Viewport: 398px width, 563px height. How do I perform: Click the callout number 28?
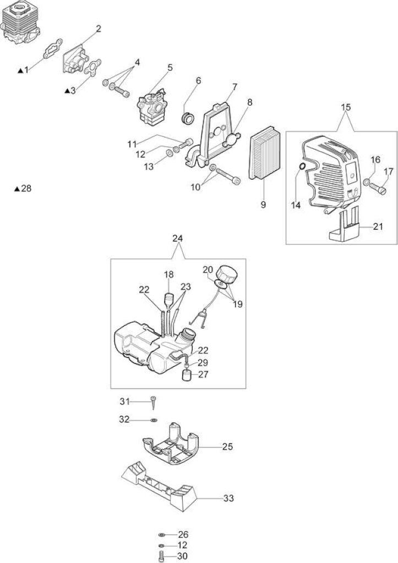26,188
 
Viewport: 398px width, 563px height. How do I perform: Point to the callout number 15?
346,107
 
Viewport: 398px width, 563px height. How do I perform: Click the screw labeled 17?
377,187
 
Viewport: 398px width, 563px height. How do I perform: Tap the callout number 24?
178,239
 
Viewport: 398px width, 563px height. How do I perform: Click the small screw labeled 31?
154,402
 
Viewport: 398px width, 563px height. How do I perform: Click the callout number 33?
228,498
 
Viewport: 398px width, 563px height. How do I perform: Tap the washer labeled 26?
161,535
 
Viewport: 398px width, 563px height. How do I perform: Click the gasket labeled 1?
53,48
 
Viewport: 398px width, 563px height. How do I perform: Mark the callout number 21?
378,227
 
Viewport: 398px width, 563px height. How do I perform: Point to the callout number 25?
227,446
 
